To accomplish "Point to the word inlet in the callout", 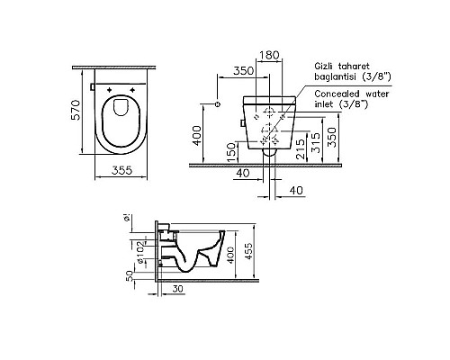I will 328,103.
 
